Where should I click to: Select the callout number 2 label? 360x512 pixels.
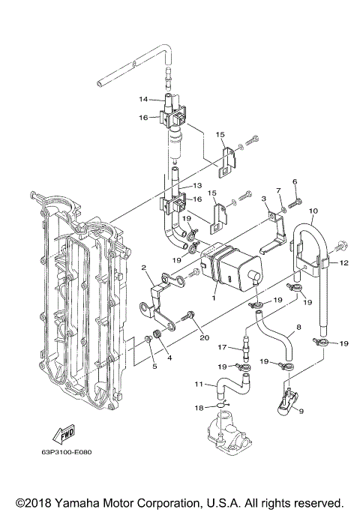142,268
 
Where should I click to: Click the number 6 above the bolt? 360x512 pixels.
295,182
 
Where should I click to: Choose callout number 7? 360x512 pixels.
277,190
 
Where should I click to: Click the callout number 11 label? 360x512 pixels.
199,384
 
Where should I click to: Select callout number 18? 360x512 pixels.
199,408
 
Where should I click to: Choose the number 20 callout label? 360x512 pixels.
202,337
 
